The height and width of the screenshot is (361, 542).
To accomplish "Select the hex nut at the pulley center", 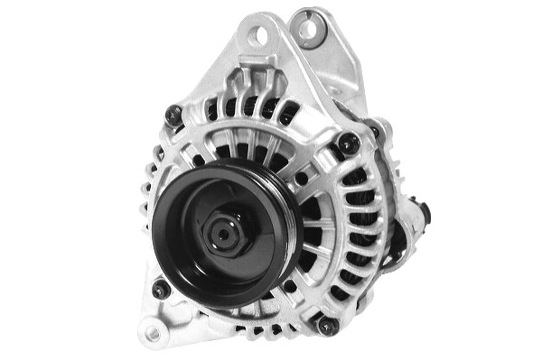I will click(x=222, y=235).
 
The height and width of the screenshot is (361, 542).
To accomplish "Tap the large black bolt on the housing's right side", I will click(x=348, y=143).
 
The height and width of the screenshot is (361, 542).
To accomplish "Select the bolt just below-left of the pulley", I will click(x=161, y=290).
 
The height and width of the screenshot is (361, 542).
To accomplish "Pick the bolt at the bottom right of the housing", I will click(x=328, y=325).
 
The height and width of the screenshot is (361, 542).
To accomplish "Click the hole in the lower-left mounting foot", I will click(x=153, y=333).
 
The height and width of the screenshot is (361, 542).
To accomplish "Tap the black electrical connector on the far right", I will click(x=421, y=215).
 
